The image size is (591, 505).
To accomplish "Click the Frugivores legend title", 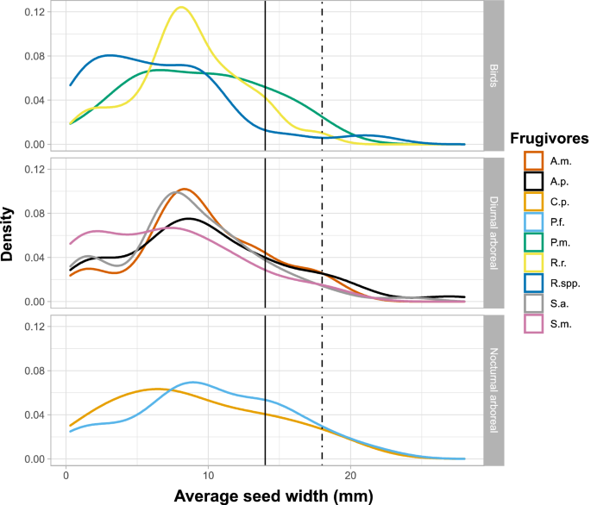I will (x=548, y=138).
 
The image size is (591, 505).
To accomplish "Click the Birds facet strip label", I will (x=493, y=75).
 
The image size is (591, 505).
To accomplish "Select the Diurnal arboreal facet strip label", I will (x=493, y=232).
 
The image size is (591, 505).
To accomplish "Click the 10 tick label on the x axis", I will (x=208, y=475).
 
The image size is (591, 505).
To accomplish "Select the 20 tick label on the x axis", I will (x=350, y=475).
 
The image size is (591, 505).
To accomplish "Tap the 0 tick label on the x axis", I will (x=66, y=475).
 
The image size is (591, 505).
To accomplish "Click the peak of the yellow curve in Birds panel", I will (x=180, y=8).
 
